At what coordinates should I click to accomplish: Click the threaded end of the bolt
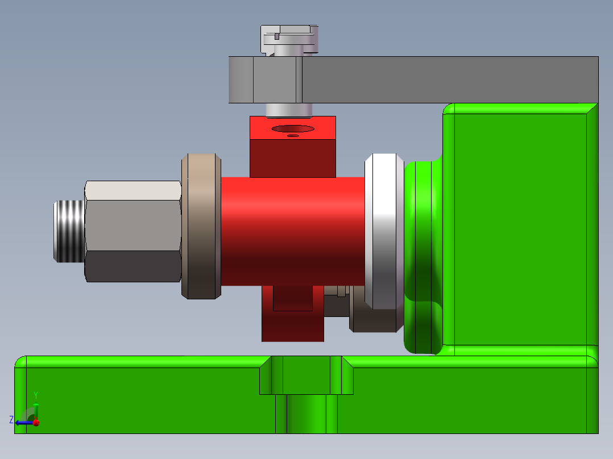point(69,231)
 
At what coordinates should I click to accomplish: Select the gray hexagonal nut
point(132,231)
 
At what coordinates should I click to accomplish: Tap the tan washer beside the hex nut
point(201,226)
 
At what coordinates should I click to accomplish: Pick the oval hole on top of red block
point(292,128)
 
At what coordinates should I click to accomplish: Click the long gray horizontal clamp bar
point(449,80)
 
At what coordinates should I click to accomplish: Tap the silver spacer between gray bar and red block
point(289,109)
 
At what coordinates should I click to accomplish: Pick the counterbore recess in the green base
point(306,376)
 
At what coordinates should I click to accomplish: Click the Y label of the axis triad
point(36,394)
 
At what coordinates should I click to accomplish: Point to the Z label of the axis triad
point(11,420)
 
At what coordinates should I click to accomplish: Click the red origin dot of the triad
point(36,422)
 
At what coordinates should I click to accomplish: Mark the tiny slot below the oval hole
point(293,136)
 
